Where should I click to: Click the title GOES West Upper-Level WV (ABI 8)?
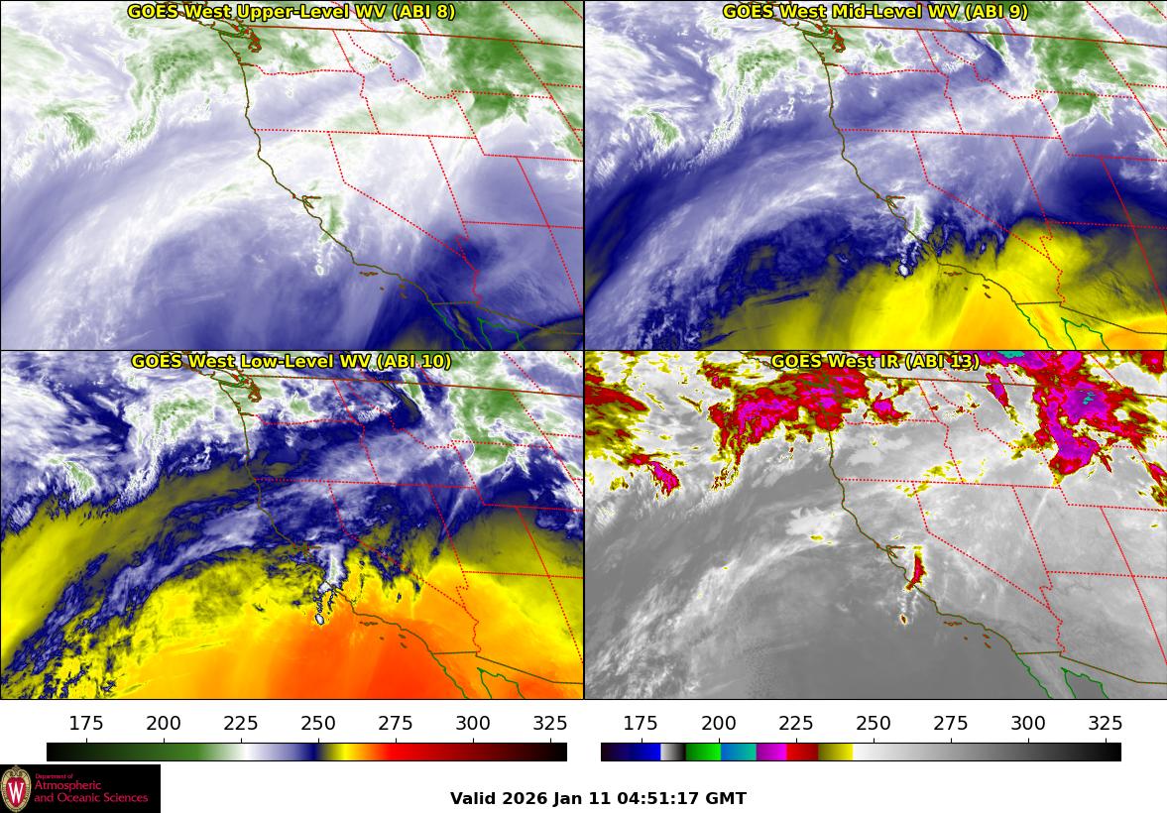[291, 12]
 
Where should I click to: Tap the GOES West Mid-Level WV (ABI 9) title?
[875, 12]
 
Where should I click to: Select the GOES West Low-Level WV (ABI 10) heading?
[291, 362]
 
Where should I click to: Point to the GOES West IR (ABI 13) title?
[875, 362]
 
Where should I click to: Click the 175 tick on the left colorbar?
[87, 723]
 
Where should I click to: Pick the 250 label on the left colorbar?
[318, 723]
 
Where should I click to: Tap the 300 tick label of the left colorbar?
[473, 723]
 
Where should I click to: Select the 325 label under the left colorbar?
[550, 723]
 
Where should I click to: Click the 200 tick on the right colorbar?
[719, 723]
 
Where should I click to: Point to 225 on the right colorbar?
[796, 723]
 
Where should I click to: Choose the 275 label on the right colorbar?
[951, 723]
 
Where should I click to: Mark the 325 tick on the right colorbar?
[1106, 723]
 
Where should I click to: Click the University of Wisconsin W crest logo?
[16, 789]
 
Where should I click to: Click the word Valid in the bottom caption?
[474, 798]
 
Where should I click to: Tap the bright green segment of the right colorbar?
[703, 752]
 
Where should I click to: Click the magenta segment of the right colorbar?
[771, 752]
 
